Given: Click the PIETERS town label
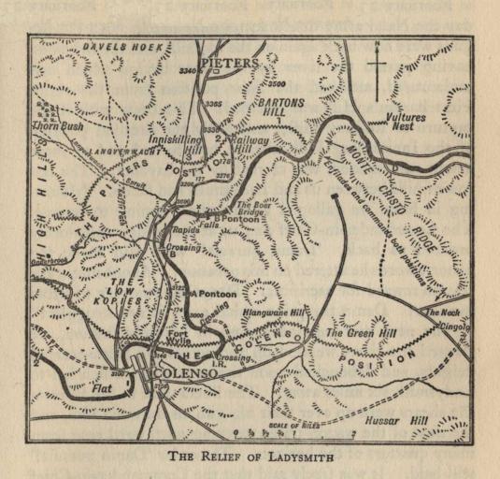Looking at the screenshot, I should tap(229, 63).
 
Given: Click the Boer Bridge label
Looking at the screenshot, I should tap(252, 208).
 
